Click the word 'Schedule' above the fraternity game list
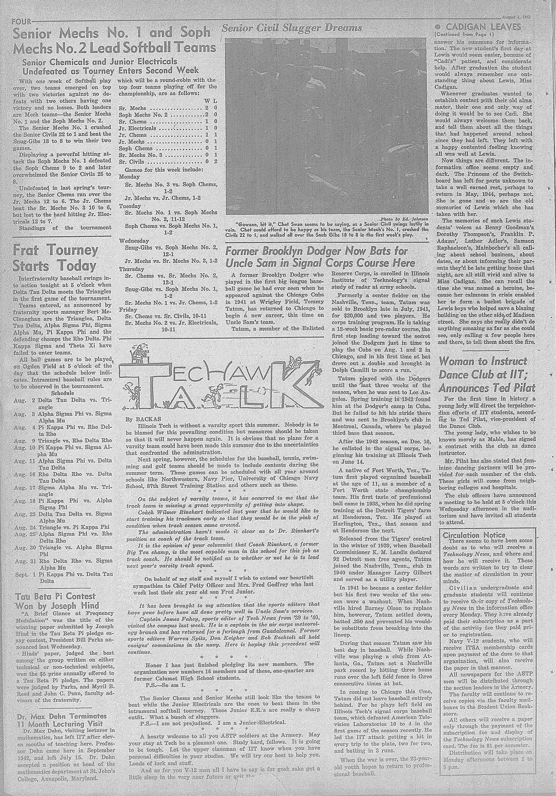click(62, 393)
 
